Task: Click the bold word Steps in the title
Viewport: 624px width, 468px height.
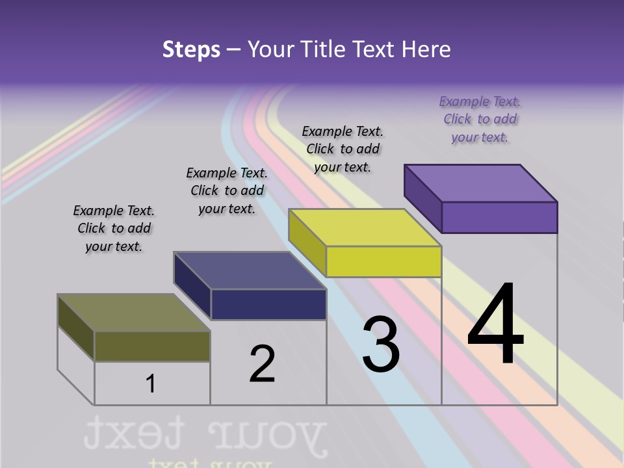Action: coord(191,49)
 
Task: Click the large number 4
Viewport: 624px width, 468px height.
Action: coord(495,324)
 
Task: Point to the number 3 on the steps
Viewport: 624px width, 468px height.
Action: coord(381,344)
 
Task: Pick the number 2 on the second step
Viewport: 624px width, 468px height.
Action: coord(262,363)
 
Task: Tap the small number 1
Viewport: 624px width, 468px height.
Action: coord(151,383)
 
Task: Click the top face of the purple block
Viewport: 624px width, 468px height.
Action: coord(481,183)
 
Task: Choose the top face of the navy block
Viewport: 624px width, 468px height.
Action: coord(250,270)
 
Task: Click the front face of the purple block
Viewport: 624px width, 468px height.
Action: coord(499,217)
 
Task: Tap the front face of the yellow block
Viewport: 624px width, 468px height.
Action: coord(383,262)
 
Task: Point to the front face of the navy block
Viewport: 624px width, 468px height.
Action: coord(268,304)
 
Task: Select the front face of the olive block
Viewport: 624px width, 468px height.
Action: coord(152,346)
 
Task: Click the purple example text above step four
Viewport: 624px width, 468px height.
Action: coord(480,119)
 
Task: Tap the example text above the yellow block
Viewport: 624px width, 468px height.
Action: coord(343,149)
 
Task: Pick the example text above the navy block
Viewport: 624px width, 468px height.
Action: coord(227,190)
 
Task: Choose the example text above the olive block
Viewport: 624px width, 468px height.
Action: coord(114,228)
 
